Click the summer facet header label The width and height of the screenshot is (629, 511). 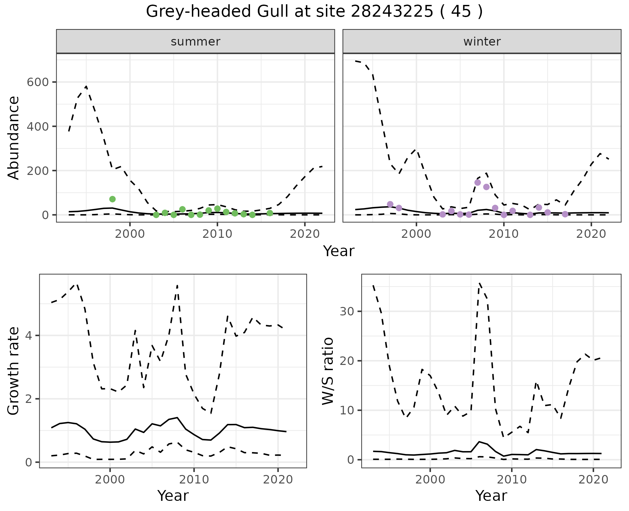pyautogui.click(x=196, y=42)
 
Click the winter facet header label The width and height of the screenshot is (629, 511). pyautogui.click(x=482, y=42)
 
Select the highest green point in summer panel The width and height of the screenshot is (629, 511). pyautogui.click(x=112, y=199)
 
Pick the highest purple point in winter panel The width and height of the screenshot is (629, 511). pyautogui.click(x=477, y=182)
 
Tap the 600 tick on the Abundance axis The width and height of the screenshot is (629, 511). pyautogui.click(x=37, y=82)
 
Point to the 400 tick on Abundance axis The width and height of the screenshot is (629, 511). pyautogui.click(x=37, y=126)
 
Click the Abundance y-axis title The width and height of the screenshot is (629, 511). pyautogui.click(x=14, y=138)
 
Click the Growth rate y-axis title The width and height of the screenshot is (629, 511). pyautogui.click(x=14, y=371)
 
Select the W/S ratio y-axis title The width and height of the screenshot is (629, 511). pyautogui.click(x=328, y=371)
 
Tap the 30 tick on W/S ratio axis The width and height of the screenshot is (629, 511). pyautogui.click(x=347, y=311)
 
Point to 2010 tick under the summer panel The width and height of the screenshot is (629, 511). pyautogui.click(x=217, y=234)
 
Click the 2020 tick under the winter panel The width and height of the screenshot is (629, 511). pyautogui.click(x=591, y=234)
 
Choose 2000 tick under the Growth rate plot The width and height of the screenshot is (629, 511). pyautogui.click(x=110, y=480)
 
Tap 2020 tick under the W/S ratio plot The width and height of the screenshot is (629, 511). pyautogui.click(x=593, y=480)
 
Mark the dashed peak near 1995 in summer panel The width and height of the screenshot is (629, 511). pyautogui.click(x=86, y=87)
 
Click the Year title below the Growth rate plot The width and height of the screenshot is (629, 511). pyautogui.click(x=173, y=496)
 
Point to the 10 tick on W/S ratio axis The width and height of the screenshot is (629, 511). pyautogui.click(x=347, y=410)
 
